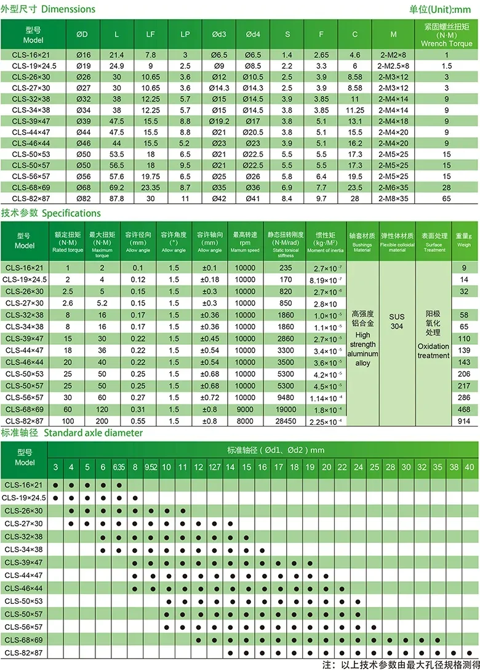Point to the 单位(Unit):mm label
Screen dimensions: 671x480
click(x=440, y=9)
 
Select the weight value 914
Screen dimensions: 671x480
click(x=464, y=421)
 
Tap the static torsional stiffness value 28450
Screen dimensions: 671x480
click(x=286, y=421)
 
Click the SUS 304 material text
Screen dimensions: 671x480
click(x=397, y=321)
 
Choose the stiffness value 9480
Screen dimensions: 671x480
click(x=286, y=398)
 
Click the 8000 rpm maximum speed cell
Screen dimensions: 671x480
click(x=244, y=421)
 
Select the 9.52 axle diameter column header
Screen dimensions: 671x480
click(x=150, y=468)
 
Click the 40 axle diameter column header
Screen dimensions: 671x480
click(x=470, y=468)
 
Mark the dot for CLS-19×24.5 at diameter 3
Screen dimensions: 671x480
click(x=56, y=497)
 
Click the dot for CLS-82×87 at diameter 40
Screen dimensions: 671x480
click(x=470, y=653)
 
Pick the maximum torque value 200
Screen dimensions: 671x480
click(x=102, y=421)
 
